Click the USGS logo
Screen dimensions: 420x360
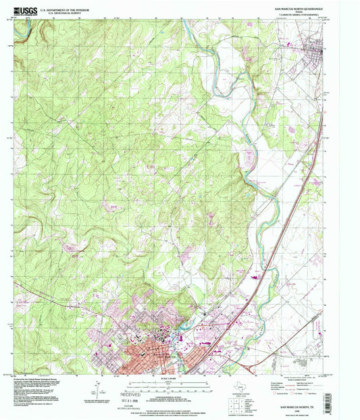point(25,10)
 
